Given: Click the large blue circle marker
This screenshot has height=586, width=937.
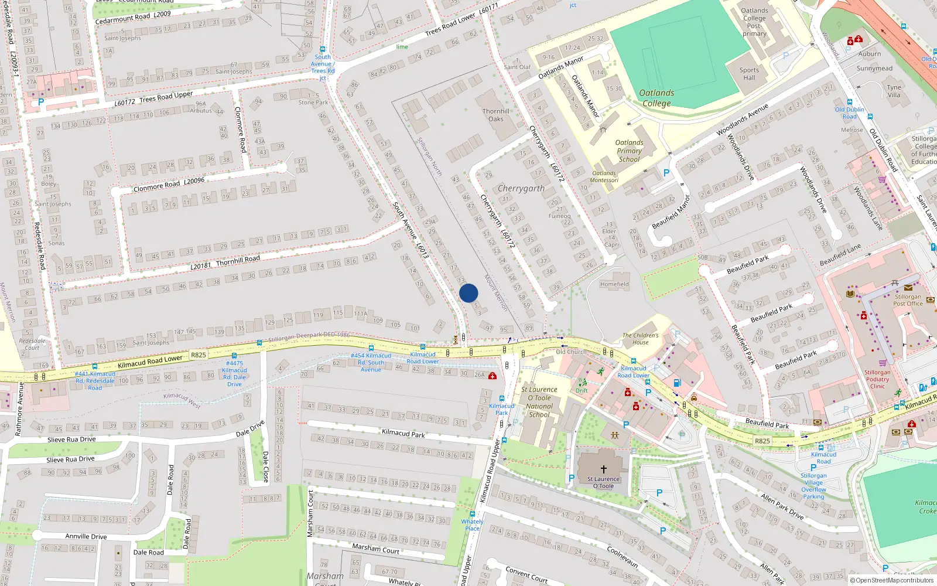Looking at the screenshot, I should pos(468,293).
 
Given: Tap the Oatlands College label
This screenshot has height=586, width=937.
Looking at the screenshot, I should pos(656,98).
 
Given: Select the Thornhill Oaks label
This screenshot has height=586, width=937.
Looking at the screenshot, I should pos(496,115).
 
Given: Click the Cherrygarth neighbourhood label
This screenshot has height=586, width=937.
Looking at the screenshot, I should pos(521,188).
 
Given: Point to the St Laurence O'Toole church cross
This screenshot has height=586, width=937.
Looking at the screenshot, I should pos(604,469).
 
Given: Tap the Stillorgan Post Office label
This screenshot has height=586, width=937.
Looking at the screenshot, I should pos(908,300).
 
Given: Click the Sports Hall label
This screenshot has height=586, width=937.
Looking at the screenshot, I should pos(749,74).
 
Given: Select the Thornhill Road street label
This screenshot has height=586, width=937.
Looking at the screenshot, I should pos(225,262).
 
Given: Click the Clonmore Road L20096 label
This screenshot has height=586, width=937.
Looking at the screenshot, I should pos(169,185).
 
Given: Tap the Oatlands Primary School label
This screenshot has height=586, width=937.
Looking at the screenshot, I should pos(629,151).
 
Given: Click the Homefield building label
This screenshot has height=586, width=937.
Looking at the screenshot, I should pos(614,284).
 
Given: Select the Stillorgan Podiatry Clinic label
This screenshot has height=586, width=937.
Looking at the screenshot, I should pos(877,379).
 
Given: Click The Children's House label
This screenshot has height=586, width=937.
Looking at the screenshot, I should pos(640,339).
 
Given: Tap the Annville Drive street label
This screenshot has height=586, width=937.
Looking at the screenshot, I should pos(86,536).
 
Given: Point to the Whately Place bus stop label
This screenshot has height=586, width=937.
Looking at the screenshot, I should pos(472,525).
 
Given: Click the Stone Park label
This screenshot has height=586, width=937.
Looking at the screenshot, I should pos(313,103).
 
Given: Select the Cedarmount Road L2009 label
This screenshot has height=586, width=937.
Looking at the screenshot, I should pos(133,18).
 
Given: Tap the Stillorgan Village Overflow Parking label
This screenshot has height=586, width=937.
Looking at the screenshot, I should pos(813,486).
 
